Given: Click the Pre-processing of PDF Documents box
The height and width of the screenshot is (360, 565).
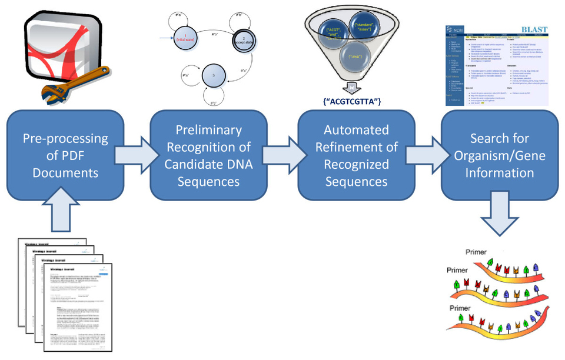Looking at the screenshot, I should point(65,155).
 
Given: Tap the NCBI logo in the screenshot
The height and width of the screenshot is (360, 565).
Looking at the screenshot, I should point(453,31).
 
